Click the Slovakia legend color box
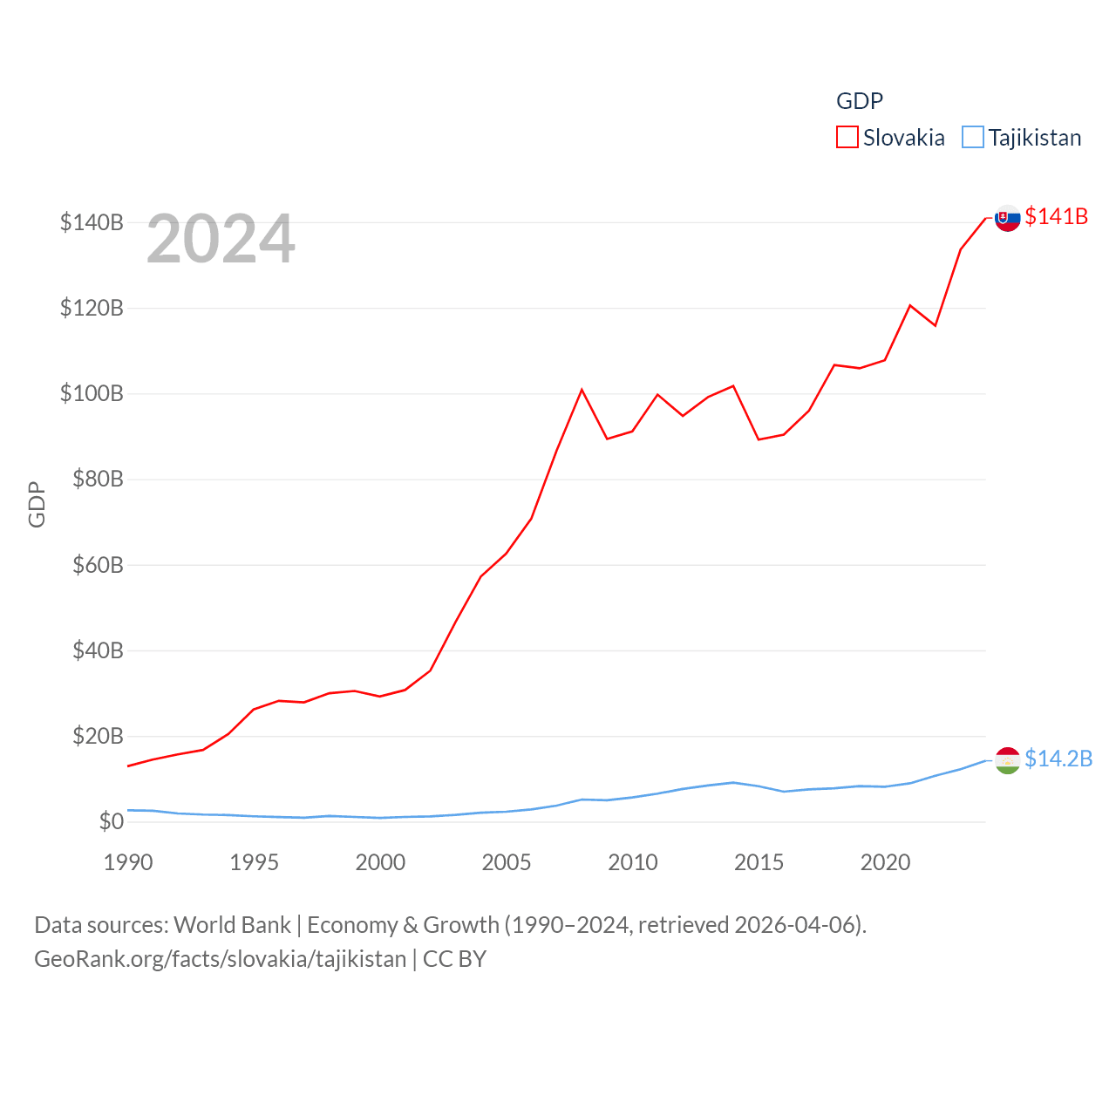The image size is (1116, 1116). point(847,138)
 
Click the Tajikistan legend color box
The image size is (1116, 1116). point(972,138)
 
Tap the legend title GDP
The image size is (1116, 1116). point(859,101)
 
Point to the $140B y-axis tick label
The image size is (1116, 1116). point(92,222)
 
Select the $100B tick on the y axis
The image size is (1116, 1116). point(92,393)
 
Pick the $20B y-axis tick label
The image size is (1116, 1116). point(98,736)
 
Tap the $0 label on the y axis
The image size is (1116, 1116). point(111,821)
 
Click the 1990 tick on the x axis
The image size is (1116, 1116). point(128,862)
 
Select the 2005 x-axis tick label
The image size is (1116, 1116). point(507,862)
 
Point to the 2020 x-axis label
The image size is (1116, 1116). point(885,862)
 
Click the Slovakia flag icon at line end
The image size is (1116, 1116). point(1007,218)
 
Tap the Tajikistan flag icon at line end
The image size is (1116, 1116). point(1007,760)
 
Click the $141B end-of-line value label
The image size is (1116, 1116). point(1056,216)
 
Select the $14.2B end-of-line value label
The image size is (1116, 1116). point(1058,759)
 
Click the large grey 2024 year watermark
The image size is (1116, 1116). point(221,239)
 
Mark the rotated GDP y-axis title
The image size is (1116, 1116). point(37,504)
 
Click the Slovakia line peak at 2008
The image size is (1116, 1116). point(582,390)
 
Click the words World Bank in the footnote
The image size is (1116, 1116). point(232,924)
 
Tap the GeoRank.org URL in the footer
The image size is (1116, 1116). point(220,959)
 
